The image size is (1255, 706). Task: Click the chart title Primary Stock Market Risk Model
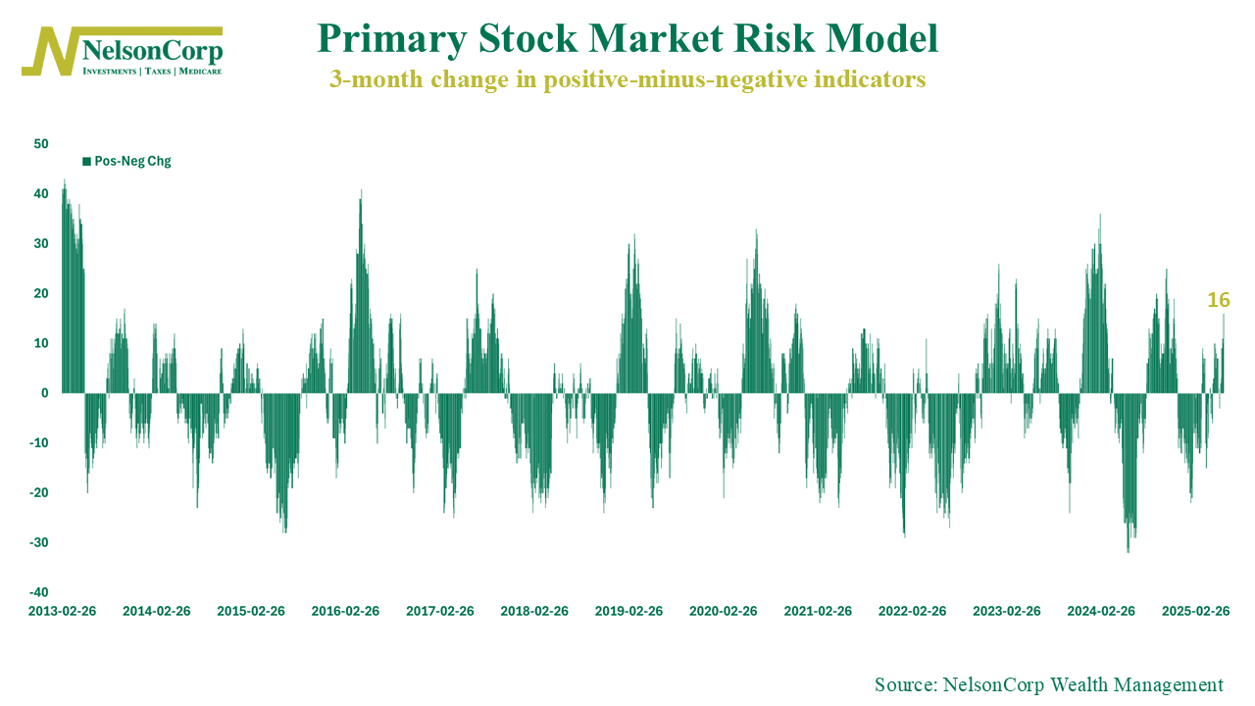click(x=627, y=39)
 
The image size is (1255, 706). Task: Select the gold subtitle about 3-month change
click(x=627, y=80)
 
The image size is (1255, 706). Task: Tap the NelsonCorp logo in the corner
click(x=124, y=51)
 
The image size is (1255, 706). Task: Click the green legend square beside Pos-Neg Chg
click(x=86, y=161)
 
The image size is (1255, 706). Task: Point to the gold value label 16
click(x=1218, y=300)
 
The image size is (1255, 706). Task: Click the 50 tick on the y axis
click(x=40, y=144)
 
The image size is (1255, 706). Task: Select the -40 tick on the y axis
click(x=38, y=592)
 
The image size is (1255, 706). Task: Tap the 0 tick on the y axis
click(x=45, y=393)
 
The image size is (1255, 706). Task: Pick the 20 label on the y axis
click(x=40, y=293)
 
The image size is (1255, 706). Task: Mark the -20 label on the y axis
click(x=38, y=492)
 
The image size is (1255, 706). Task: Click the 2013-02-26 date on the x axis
click(x=62, y=611)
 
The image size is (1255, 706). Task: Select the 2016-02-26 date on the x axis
click(x=345, y=611)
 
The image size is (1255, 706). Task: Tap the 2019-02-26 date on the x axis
click(x=628, y=611)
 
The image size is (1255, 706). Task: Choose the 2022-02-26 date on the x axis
click(x=912, y=611)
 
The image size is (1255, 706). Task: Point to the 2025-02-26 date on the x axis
click(x=1195, y=611)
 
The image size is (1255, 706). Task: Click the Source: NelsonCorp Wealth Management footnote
click(x=1049, y=685)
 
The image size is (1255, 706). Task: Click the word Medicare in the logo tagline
click(x=199, y=72)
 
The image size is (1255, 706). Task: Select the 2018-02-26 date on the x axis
click(x=534, y=611)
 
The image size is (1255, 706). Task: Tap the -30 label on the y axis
click(x=38, y=542)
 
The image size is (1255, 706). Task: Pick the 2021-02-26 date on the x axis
click(x=818, y=611)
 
